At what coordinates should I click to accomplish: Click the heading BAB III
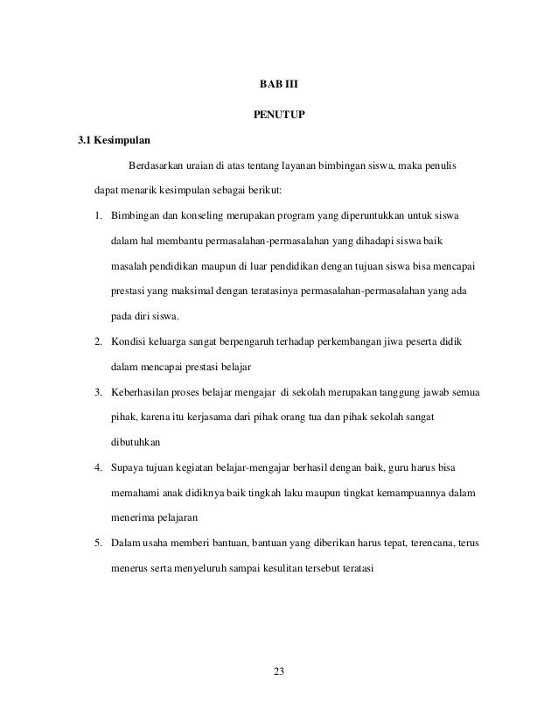(279, 86)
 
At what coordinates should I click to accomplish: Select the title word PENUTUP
(279, 115)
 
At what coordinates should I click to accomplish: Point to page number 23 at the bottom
(279, 671)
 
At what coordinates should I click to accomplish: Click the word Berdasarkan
(158, 165)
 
